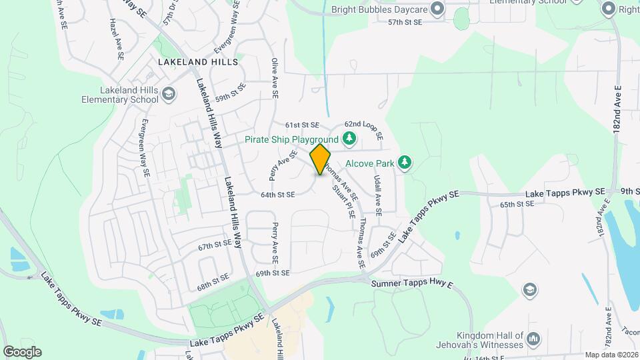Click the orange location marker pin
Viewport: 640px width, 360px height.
(x=320, y=159)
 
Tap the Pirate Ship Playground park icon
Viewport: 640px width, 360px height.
(x=349, y=139)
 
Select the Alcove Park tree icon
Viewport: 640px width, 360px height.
(x=403, y=162)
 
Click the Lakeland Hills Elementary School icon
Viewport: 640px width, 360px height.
(x=169, y=94)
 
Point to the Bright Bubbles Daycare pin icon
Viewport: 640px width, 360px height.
(x=437, y=9)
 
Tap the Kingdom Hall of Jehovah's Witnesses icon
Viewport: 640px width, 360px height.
(x=533, y=340)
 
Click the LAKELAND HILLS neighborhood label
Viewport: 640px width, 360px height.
(x=198, y=61)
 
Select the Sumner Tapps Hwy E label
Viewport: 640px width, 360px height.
(x=412, y=285)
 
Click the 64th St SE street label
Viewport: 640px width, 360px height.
(x=277, y=195)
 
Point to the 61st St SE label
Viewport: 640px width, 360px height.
(x=303, y=125)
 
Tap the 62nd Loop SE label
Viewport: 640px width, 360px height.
(x=363, y=130)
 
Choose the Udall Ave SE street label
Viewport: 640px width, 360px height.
(x=377, y=195)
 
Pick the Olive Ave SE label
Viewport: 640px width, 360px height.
(x=274, y=79)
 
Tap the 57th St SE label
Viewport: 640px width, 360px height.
(x=405, y=22)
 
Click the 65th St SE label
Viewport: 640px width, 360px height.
(x=517, y=204)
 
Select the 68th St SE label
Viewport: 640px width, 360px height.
(x=213, y=281)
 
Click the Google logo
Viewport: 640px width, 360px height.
(x=22, y=351)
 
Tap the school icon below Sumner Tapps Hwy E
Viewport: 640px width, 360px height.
(x=529, y=289)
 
